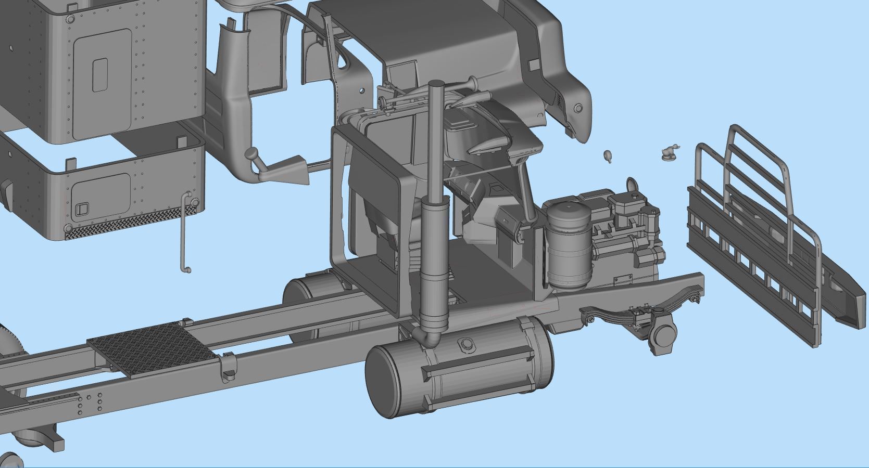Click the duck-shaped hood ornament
click(669, 152)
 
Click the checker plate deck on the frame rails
click(151, 348)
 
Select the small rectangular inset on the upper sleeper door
click(100, 75)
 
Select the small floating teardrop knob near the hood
click(607, 155)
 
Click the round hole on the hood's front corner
click(578, 109)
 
